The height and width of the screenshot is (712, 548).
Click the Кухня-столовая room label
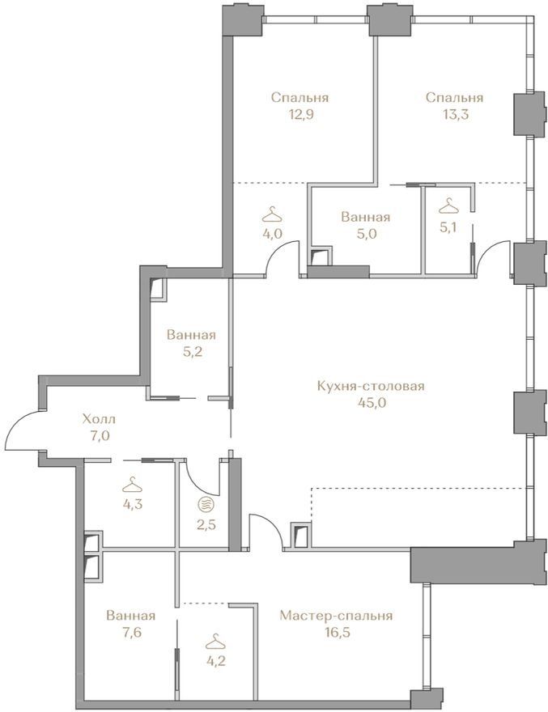[371, 386]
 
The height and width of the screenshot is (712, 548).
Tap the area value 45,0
[371, 403]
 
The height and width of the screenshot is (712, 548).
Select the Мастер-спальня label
[336, 616]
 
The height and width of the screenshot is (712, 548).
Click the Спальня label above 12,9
[299, 98]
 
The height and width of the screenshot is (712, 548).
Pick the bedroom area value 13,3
[454, 114]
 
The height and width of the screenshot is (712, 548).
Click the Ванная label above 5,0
[365, 217]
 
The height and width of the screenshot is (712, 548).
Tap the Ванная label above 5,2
[191, 335]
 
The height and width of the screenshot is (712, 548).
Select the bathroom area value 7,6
[131, 632]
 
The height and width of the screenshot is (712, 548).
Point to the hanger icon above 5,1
[449, 206]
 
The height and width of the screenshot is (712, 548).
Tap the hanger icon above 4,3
[132, 484]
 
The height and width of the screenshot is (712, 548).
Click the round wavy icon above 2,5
[206, 504]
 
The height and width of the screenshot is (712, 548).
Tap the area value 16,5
[336, 633]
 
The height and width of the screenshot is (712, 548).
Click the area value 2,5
[206, 525]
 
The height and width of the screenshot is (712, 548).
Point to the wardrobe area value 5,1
[448, 227]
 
